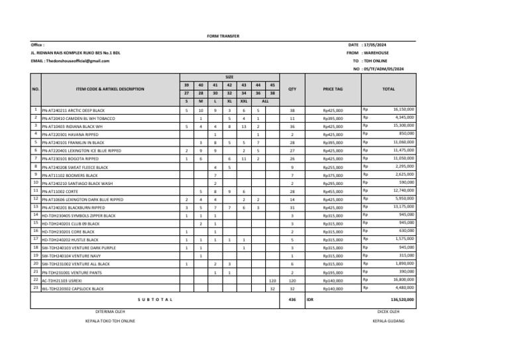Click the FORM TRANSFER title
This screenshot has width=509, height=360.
pyautogui.click(x=223, y=36)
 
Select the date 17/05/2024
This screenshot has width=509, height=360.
pyautogui.click(x=386, y=44)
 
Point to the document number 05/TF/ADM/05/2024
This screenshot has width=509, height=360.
pyautogui.click(x=389, y=68)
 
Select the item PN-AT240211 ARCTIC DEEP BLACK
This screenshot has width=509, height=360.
pyautogui.click(x=73, y=110)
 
